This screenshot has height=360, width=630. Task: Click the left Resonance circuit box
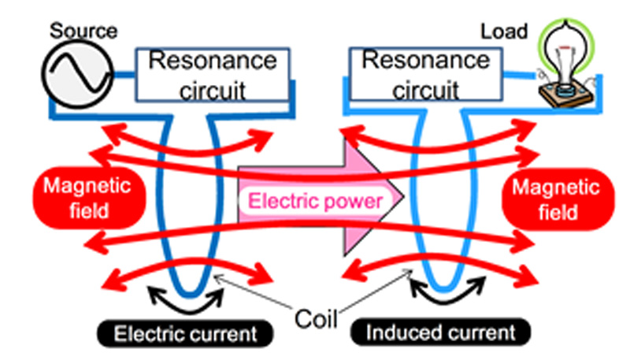[x=213, y=75]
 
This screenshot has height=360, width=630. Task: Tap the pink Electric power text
[x=315, y=200]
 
